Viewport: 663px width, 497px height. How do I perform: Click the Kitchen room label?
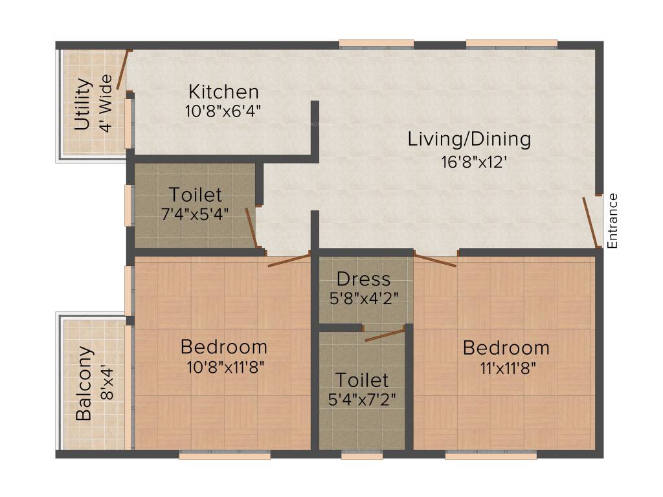pyautogui.click(x=223, y=92)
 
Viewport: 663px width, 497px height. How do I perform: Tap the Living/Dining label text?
pyautogui.click(x=469, y=138)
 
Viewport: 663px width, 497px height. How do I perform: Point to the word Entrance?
pyautogui.click(x=613, y=221)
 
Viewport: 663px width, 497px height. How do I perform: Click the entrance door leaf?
pyautogui.click(x=590, y=222)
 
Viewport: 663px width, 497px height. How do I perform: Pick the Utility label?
pyautogui.click(x=82, y=104)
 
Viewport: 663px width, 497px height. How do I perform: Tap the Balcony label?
pyautogui.click(x=84, y=384)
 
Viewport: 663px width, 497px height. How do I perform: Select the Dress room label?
pyautogui.click(x=363, y=279)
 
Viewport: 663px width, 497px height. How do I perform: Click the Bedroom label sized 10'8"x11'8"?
pyautogui.click(x=223, y=346)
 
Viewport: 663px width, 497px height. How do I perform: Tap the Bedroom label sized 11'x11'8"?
pyautogui.click(x=506, y=348)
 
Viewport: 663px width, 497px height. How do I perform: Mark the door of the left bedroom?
pyautogui.click(x=289, y=260)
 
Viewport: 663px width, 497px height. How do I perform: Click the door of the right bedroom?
pyautogui.click(x=435, y=261)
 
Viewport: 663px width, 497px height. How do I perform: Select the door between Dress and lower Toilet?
pyautogui.click(x=385, y=335)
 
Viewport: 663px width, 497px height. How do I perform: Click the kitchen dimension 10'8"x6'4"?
pyautogui.click(x=222, y=111)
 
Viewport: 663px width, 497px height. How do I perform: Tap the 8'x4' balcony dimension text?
pyautogui.click(x=107, y=384)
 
